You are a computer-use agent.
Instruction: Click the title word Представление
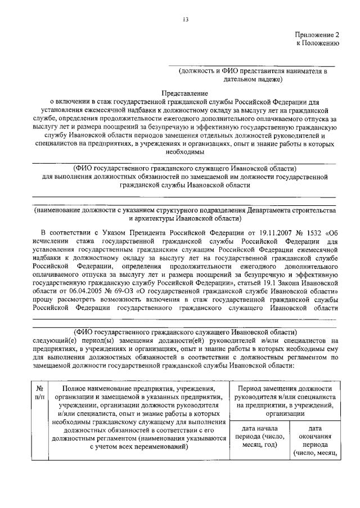(184, 93)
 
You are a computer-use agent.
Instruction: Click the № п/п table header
(40, 393)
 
